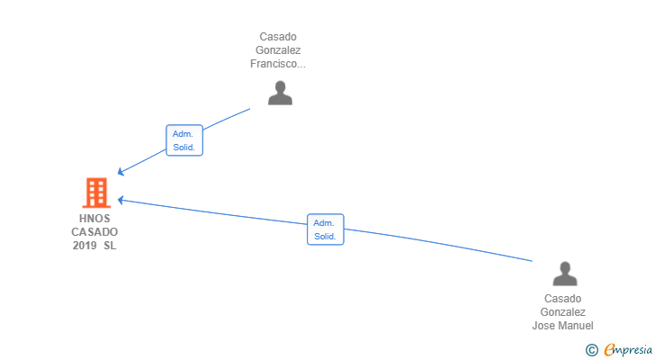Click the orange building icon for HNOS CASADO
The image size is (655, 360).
click(95, 193)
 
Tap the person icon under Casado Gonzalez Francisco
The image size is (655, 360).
click(280, 94)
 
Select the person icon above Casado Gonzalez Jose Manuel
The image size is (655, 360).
click(564, 274)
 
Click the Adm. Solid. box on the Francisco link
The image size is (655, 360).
click(184, 140)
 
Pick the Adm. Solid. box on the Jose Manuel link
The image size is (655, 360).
click(325, 229)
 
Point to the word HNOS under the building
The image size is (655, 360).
click(94, 218)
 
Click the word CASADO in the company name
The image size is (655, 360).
click(94, 232)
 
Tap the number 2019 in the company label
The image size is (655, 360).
click(85, 246)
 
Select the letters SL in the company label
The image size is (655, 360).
click(110, 246)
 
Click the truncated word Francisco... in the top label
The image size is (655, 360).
click(278, 64)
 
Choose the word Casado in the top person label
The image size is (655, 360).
click(278, 37)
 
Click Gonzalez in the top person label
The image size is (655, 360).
click(278, 50)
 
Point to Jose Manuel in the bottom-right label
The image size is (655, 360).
click(563, 326)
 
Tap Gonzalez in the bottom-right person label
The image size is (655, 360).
click(563, 312)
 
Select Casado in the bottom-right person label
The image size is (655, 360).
click(563, 299)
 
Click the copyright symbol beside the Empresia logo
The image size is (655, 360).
click(591, 350)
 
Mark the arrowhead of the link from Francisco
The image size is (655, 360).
click(121, 173)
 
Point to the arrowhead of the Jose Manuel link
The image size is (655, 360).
click(120, 200)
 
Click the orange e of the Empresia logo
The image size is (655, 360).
click(609, 350)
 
